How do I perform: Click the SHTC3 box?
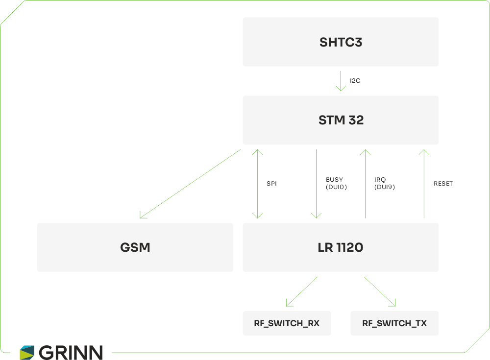[x=341, y=42]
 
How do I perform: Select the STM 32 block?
[x=341, y=120]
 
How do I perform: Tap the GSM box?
[x=135, y=247]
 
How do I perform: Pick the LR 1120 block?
[x=341, y=247]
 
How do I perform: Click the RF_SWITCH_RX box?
[x=287, y=323]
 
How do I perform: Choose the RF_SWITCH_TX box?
[x=394, y=323]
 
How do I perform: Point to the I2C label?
[x=355, y=80]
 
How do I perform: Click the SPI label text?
[x=271, y=184]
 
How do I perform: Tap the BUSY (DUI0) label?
[x=336, y=183]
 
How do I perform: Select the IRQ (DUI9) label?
[x=384, y=183]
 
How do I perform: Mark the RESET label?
[x=443, y=184]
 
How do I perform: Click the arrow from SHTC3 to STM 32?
[x=341, y=81]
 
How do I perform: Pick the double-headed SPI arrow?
[x=257, y=184]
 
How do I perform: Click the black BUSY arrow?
[x=317, y=184]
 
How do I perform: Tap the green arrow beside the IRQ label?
[x=365, y=184]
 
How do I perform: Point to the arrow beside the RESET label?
[x=424, y=184]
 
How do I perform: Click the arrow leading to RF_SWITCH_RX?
[x=301, y=291]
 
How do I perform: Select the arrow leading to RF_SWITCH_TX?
[x=380, y=291]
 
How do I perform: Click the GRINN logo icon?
[x=27, y=352]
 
